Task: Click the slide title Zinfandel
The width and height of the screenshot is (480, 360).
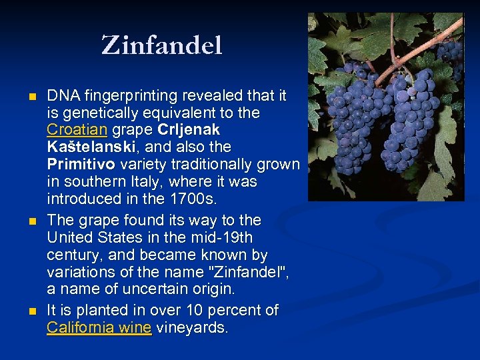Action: click(x=161, y=46)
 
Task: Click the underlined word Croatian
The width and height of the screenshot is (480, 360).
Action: click(x=77, y=129)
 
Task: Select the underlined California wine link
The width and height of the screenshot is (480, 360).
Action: click(x=99, y=327)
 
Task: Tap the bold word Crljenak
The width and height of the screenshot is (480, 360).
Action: click(x=189, y=129)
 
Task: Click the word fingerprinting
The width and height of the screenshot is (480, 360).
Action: click(x=130, y=95)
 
